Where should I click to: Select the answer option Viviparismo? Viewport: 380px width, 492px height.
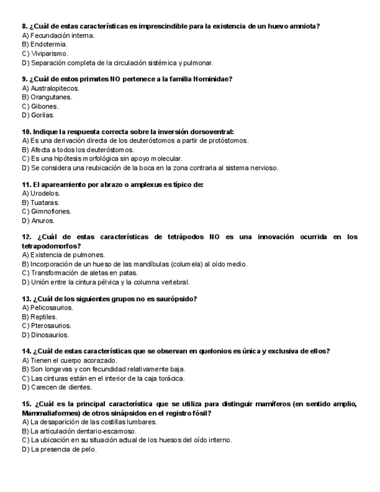pos(49,53)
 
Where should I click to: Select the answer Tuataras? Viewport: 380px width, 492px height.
pos(45,202)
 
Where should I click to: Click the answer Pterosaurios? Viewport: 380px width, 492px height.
pos(50,325)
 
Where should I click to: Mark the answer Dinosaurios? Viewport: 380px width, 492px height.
pos(50,335)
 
